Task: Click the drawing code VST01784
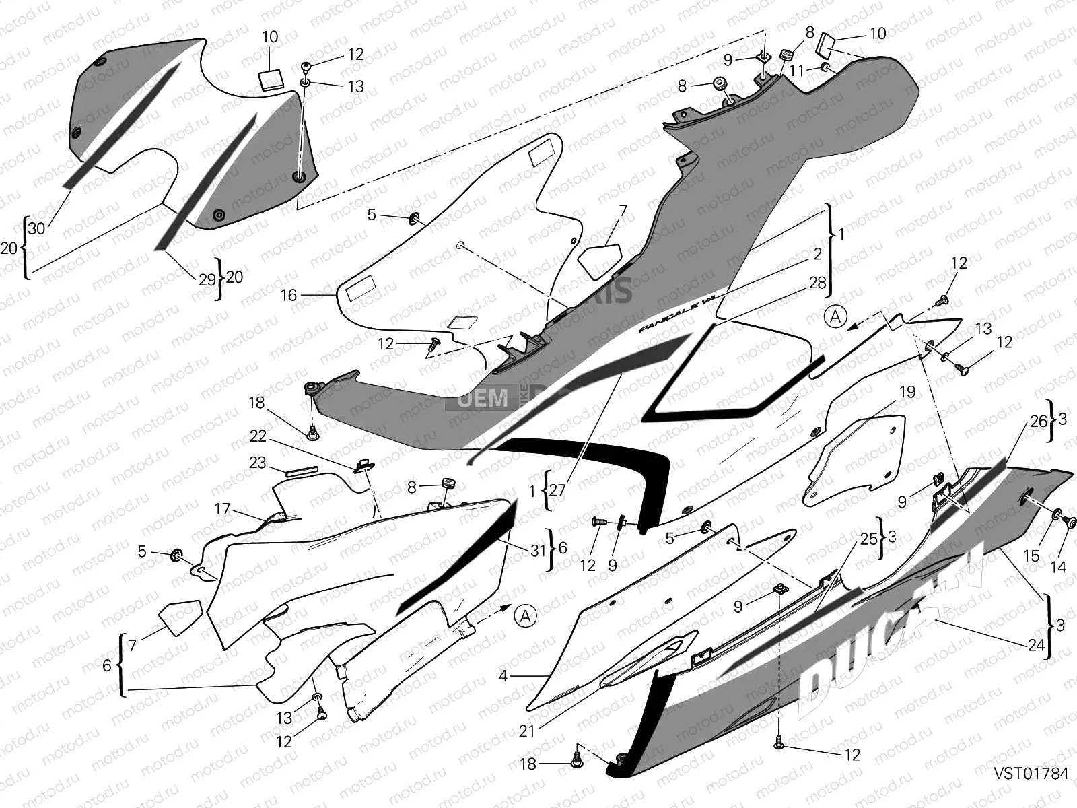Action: pyautogui.click(x=1032, y=774)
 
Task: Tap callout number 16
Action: pyautogui.click(x=288, y=295)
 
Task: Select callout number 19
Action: pyautogui.click(x=907, y=391)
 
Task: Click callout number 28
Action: pyautogui.click(x=817, y=283)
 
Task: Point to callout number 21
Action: pyautogui.click(x=526, y=730)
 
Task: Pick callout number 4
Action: pyautogui.click(x=503, y=675)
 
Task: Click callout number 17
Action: pyautogui.click(x=222, y=509)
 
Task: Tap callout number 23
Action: pyautogui.click(x=258, y=463)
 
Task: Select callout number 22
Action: pyautogui.click(x=258, y=436)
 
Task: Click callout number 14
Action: pyautogui.click(x=1058, y=567)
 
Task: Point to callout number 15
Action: pyautogui.click(x=1031, y=556)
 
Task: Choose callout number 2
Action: pyautogui.click(x=817, y=254)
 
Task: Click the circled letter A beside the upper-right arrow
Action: pyautogui.click(x=835, y=316)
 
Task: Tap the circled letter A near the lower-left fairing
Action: pyautogui.click(x=525, y=615)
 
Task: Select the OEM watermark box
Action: pyautogui.click(x=483, y=399)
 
